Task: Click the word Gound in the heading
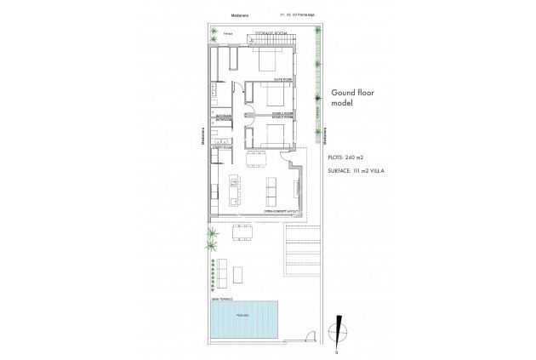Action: (x=342, y=94)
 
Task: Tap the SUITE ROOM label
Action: (x=283, y=79)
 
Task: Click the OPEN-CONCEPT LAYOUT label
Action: (x=281, y=208)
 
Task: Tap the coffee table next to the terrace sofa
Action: (x=239, y=275)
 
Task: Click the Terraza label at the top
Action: (x=227, y=35)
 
